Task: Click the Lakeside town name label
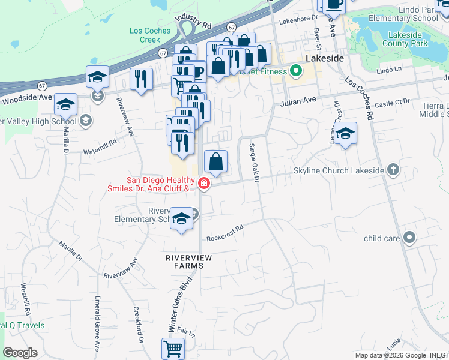[x=325, y=58]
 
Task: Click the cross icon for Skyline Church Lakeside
[x=393, y=170]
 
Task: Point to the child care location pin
[x=409, y=238]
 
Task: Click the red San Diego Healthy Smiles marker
[x=204, y=184]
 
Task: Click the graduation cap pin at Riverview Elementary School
[x=182, y=218]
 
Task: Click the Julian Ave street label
[x=298, y=101]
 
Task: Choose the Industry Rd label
[x=194, y=22]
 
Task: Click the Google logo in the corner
[x=20, y=352]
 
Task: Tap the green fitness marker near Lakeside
[x=295, y=71]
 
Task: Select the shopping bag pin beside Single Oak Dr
[x=215, y=161]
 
